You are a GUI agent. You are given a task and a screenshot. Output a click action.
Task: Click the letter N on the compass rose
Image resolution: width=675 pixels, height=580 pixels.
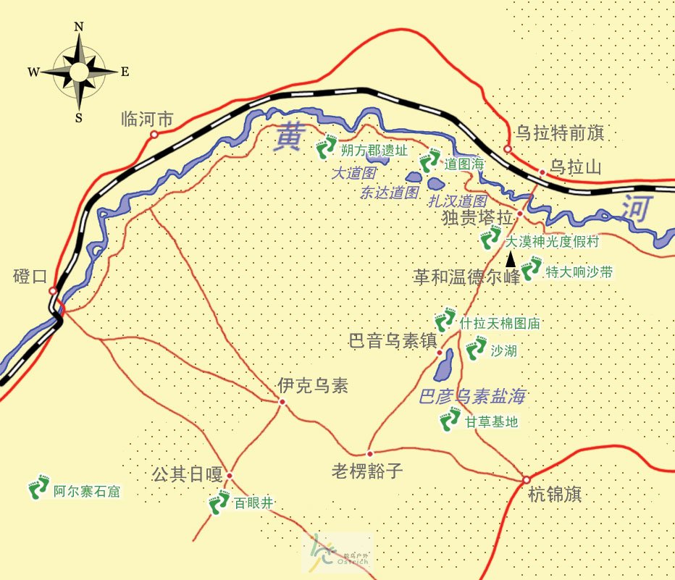point(79,28)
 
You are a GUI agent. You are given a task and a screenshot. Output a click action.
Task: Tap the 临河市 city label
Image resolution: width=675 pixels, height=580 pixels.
point(147,119)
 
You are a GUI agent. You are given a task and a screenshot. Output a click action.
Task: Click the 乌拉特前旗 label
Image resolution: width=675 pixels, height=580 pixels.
point(559,133)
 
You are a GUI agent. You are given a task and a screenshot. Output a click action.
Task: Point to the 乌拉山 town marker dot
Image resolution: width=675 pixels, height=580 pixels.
point(542,172)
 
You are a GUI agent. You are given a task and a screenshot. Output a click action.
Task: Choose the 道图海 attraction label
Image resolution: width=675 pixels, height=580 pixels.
point(464,164)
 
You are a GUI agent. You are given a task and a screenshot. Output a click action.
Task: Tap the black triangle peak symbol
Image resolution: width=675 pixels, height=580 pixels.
point(511,259)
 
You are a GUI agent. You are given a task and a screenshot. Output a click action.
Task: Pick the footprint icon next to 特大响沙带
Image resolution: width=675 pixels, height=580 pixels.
point(531,269)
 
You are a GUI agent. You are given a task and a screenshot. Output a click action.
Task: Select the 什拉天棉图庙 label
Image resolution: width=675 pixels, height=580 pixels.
point(500,323)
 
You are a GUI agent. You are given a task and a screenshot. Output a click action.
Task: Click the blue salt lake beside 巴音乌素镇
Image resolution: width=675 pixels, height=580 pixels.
point(443,365)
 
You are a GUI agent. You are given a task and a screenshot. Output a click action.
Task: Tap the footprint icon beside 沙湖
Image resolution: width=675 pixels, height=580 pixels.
point(476,349)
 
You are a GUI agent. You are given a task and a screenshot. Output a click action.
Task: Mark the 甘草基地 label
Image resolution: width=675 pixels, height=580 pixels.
point(492,421)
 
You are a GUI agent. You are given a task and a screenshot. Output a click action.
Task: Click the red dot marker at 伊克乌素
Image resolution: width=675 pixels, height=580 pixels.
point(282,402)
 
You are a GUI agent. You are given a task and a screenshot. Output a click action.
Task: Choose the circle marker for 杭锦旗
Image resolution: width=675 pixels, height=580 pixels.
point(526,479)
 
